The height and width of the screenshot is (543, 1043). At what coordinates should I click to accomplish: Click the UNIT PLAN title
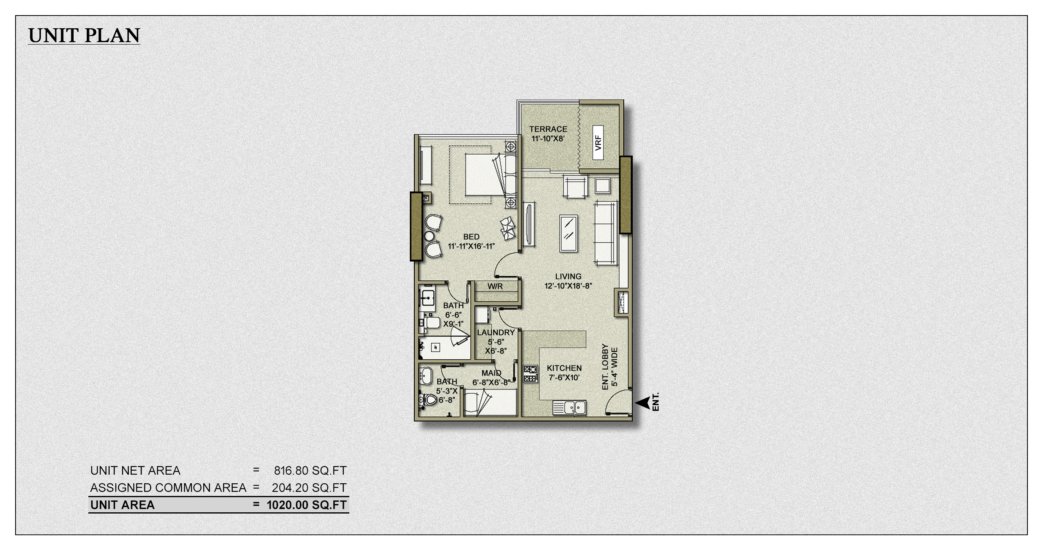coord(84,36)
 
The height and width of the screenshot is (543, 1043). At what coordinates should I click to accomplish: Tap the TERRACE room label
coord(548,129)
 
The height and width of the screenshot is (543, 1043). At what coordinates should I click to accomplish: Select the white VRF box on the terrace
coord(598,142)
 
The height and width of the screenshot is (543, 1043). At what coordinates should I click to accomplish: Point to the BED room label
coord(471,237)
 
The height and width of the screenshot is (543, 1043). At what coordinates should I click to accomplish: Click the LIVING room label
coord(568,277)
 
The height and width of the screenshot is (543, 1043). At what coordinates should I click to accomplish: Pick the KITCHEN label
coord(564,368)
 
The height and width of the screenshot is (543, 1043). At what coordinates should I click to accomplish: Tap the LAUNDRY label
coord(495,333)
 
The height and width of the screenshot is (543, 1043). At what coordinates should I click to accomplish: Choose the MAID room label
coord(491,373)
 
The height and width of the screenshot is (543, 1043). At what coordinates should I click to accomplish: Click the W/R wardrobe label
coord(495,286)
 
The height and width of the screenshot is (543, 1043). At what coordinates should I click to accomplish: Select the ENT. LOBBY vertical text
coord(606,367)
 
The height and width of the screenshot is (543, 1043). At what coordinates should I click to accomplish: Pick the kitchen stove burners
coord(530,374)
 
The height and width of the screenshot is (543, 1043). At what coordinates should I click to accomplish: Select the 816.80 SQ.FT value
coord(310,471)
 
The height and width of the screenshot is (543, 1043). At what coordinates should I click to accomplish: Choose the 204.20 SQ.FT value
coord(309,488)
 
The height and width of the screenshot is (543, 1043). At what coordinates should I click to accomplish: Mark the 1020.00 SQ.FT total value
coord(306,505)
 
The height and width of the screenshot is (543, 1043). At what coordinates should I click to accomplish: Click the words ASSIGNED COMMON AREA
coord(168,488)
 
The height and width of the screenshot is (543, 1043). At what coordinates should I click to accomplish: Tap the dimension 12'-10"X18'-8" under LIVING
coord(568,286)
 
